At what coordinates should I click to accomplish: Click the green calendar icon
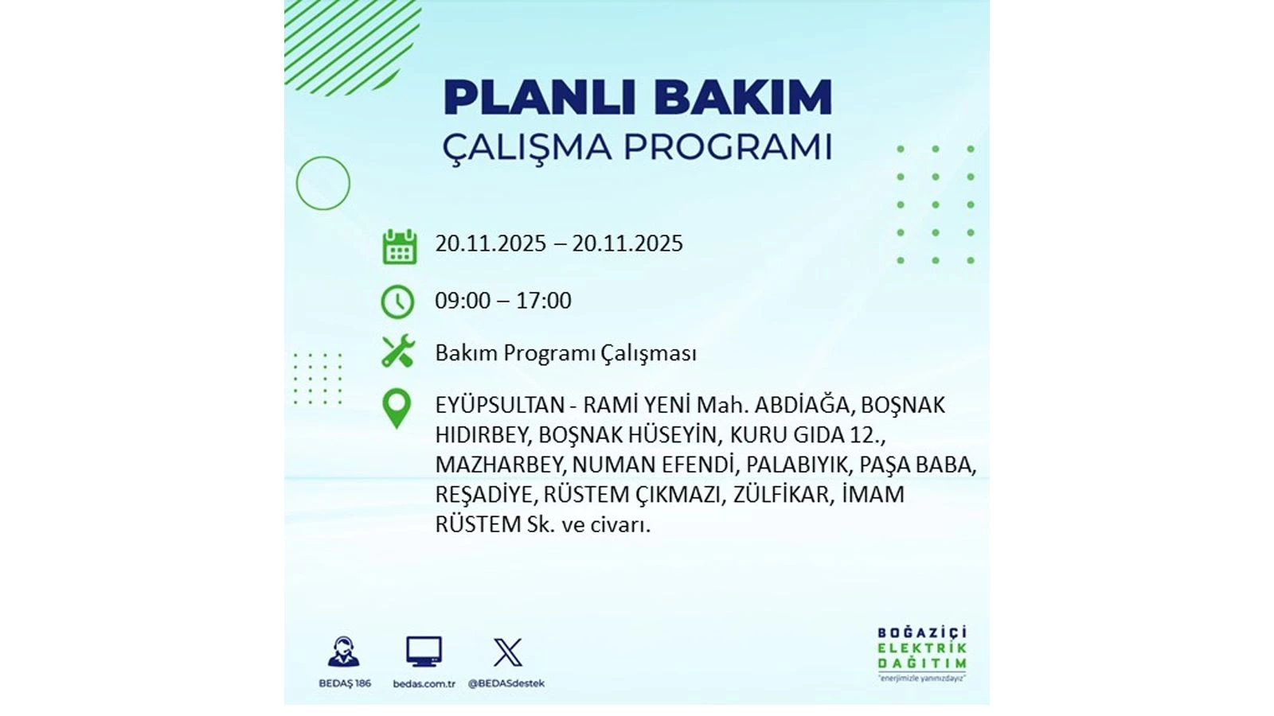(x=399, y=247)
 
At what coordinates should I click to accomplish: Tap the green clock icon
(x=397, y=302)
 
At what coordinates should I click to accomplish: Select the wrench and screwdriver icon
(x=398, y=351)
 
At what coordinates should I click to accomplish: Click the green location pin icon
(x=397, y=408)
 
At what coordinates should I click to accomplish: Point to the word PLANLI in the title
(x=539, y=98)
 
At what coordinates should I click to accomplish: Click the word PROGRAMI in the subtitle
(x=728, y=148)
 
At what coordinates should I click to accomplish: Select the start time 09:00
(x=463, y=301)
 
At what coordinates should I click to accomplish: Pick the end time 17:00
(x=544, y=301)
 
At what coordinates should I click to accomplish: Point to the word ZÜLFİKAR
(x=783, y=494)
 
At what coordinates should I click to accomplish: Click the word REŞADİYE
(x=485, y=494)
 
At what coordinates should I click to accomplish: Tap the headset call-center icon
(x=343, y=652)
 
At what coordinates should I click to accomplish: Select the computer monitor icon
(x=424, y=652)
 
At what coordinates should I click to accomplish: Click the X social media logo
(x=507, y=652)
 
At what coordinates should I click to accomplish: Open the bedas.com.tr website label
(x=424, y=684)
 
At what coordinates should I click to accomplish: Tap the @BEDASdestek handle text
(x=506, y=683)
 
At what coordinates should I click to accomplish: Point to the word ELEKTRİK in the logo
(x=922, y=648)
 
